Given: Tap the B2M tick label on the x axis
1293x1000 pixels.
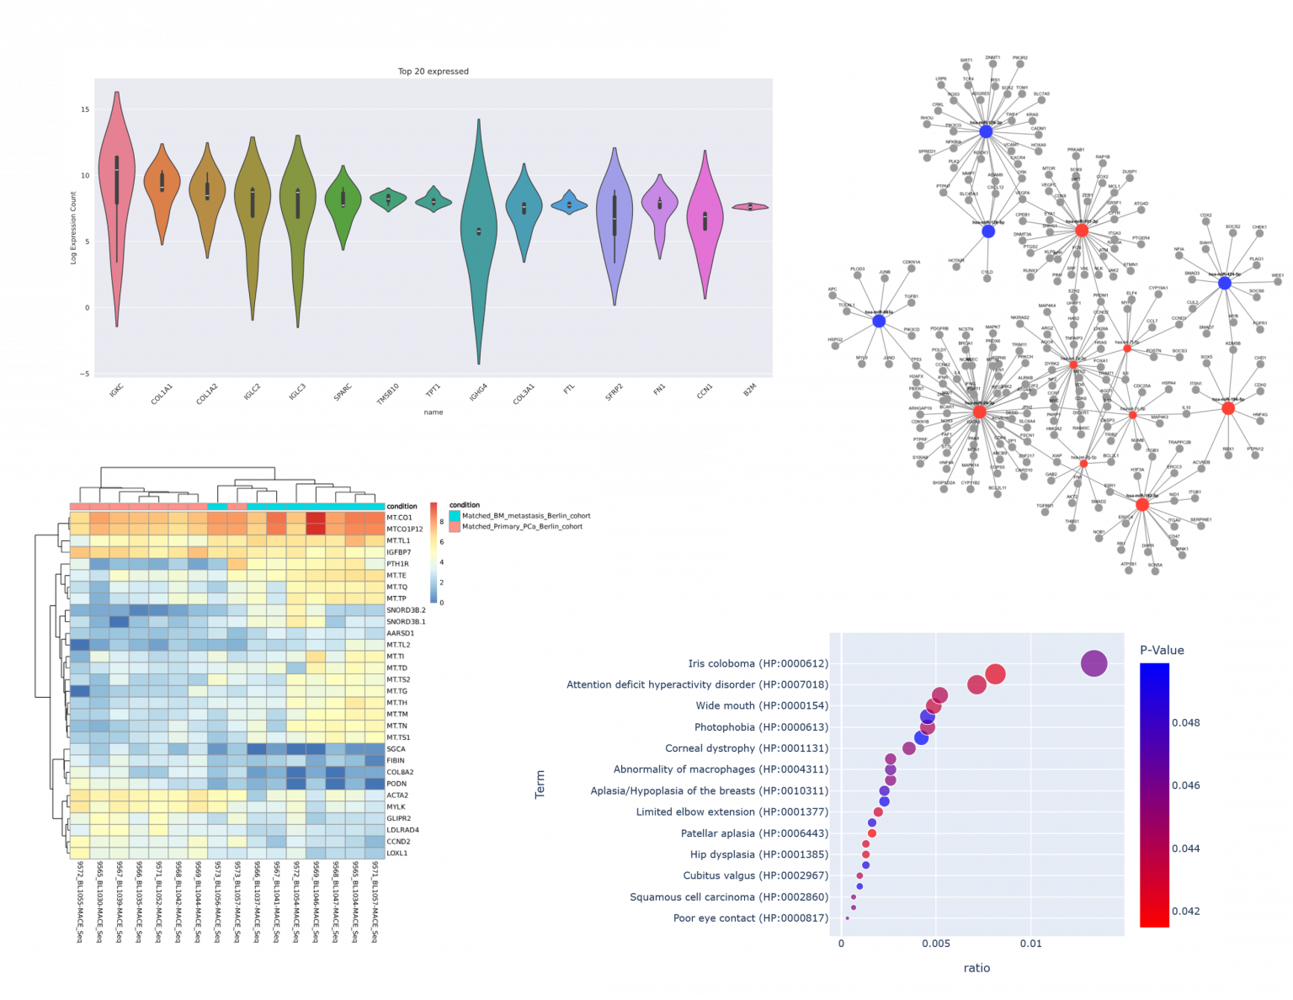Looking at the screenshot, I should (x=749, y=391).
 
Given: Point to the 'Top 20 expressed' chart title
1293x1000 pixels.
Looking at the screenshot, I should (x=433, y=72).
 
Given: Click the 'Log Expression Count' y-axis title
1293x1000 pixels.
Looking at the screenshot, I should (x=73, y=227).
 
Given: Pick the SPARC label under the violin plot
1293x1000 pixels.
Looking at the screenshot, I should (x=343, y=392).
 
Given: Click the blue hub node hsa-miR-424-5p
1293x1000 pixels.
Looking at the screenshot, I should (x=1225, y=284).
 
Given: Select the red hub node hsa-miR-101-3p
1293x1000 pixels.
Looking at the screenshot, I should (x=1082, y=230).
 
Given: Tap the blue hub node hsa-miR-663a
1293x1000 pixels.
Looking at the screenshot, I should (x=879, y=321).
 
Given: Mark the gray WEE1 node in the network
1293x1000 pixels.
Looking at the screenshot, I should (x=1278, y=283).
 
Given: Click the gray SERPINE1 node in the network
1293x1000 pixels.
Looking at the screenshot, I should (x=1200, y=527).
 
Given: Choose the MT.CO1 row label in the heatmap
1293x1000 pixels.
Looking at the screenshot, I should (x=399, y=518).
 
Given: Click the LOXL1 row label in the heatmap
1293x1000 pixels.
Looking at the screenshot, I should (x=396, y=854).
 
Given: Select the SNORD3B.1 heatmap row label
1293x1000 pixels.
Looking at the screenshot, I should (x=406, y=622).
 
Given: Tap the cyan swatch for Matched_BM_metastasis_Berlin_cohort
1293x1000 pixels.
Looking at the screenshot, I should (x=455, y=516).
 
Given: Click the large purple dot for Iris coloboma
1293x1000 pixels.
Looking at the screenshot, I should (x=1093, y=663).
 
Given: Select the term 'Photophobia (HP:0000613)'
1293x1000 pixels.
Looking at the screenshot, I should (x=761, y=727).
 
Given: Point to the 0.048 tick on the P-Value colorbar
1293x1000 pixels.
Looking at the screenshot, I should (x=1185, y=722).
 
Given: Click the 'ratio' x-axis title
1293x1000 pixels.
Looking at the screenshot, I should (x=976, y=968).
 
